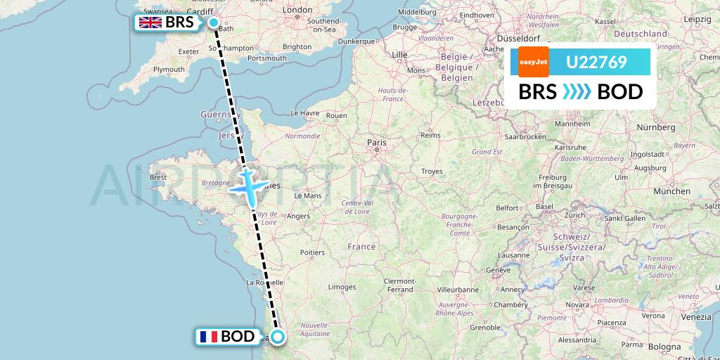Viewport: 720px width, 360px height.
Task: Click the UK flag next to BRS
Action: [x=150, y=22]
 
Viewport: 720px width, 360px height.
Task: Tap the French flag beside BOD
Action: [x=208, y=337]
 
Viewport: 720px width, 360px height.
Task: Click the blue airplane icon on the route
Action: [x=248, y=186]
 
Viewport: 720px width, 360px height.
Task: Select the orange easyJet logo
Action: [x=533, y=63]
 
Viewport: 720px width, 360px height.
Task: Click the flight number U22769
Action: [x=596, y=63]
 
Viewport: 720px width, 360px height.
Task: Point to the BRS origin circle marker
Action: [x=214, y=22]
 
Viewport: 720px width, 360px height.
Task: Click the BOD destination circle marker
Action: [x=278, y=337]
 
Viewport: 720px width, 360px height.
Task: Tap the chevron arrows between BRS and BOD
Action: [x=577, y=92]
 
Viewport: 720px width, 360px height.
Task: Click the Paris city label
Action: [x=377, y=142]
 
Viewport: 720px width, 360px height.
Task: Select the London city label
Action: [x=297, y=10]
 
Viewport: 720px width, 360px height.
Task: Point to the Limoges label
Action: [x=342, y=287]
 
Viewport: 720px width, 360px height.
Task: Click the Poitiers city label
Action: [x=311, y=252]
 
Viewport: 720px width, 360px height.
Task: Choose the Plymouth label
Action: [x=169, y=69]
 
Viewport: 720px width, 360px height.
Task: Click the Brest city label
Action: [x=158, y=177]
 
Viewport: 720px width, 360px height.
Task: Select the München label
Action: [x=671, y=191]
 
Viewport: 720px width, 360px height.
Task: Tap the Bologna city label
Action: [x=664, y=347]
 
